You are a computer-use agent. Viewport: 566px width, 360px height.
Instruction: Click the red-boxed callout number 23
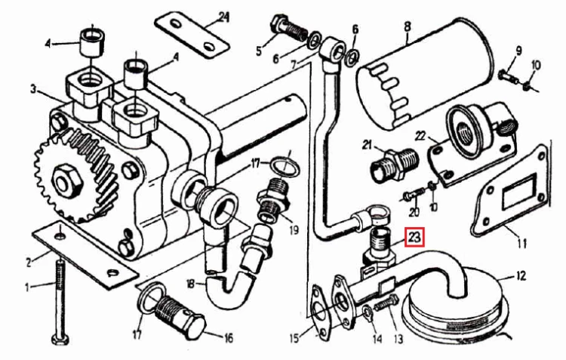pyautogui.click(x=414, y=238)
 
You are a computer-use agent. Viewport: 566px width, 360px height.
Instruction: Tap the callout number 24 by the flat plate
pyautogui.click(x=224, y=17)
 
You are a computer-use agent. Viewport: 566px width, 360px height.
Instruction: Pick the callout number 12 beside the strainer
pyautogui.click(x=520, y=276)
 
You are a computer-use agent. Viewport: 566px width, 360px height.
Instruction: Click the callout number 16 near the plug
pyautogui.click(x=228, y=338)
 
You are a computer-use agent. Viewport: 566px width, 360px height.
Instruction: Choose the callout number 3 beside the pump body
pyautogui.click(x=33, y=89)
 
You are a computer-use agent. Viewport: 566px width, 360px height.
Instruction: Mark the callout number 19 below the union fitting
pyautogui.click(x=294, y=229)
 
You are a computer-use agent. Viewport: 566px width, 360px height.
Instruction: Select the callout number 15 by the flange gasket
pyautogui.click(x=295, y=338)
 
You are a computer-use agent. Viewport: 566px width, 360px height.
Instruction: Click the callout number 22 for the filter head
pyautogui.click(x=420, y=136)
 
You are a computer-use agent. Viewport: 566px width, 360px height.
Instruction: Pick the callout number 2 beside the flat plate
pyautogui.click(x=29, y=263)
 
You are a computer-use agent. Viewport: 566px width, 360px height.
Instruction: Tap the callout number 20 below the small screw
pyautogui.click(x=414, y=211)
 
